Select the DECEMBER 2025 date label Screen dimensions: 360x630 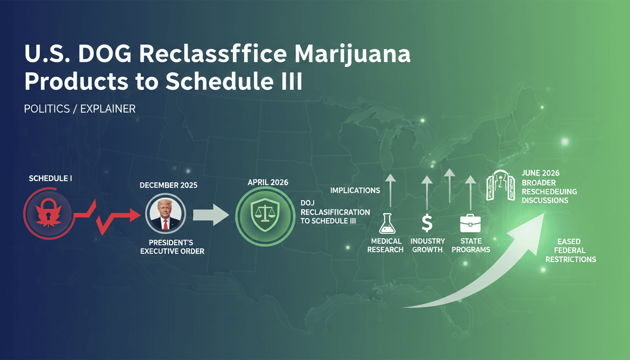[x=168, y=185]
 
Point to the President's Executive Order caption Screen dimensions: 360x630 [x=172, y=247]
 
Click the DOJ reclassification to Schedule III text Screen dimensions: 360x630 [x=335, y=212]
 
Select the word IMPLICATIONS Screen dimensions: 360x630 [x=355, y=190]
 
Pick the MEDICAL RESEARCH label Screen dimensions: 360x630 [x=385, y=245]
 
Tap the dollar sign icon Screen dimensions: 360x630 [x=427, y=223]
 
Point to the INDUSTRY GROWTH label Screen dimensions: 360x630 [x=427, y=245]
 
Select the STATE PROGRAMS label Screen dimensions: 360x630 [x=471, y=245]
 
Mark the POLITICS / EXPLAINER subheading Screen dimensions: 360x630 [x=80, y=109]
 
